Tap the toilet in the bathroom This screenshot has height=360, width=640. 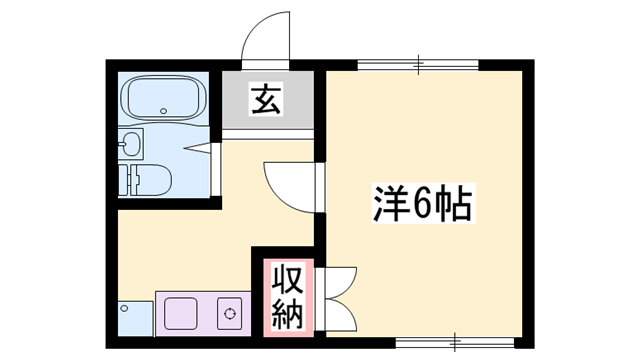pos(150,181)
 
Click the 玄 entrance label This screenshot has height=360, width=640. pos(265,101)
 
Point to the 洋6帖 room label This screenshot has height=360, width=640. pos(422,207)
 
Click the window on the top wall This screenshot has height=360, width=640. pos(418,65)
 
